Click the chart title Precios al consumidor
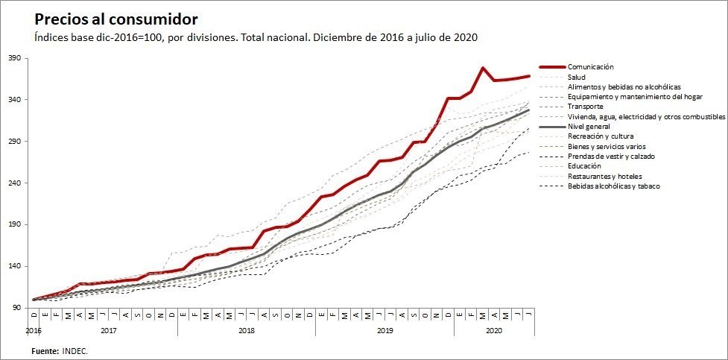point(116,19)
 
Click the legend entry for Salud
point(576,77)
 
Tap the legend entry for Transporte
point(585,107)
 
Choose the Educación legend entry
point(584,166)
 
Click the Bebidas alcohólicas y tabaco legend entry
point(613,186)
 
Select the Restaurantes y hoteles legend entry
point(604,177)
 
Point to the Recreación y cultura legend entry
point(601,137)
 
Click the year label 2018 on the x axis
point(246,329)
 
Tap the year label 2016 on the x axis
point(33,329)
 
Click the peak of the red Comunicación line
point(483,68)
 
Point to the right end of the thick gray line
point(528,110)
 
